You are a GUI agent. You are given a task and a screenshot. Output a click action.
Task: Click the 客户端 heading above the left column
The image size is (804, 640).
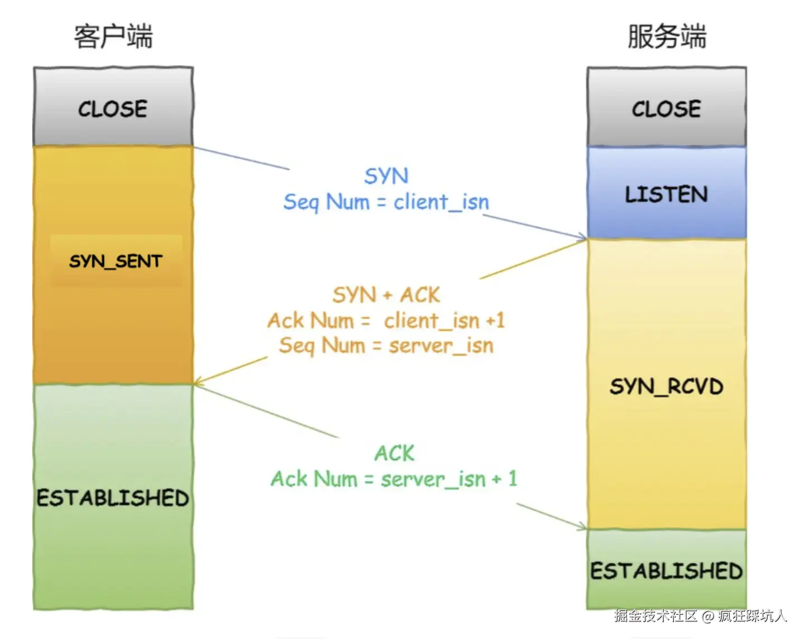[113, 36]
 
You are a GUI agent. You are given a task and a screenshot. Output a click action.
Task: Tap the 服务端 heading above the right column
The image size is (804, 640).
[667, 36]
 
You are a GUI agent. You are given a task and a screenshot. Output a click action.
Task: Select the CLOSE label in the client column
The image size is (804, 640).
[113, 109]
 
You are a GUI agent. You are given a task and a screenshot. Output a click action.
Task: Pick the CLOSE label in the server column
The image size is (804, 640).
[667, 109]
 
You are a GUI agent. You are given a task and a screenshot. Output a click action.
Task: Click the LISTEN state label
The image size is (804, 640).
[667, 194]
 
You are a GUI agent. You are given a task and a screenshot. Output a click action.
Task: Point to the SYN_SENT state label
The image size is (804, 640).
[116, 261]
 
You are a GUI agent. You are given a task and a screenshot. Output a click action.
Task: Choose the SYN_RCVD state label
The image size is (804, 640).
[667, 386]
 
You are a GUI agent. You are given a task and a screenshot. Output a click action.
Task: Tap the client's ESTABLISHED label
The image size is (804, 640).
[113, 498]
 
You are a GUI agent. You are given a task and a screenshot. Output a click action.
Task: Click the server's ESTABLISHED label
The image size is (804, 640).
[667, 571]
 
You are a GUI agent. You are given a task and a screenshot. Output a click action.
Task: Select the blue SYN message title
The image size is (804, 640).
[386, 176]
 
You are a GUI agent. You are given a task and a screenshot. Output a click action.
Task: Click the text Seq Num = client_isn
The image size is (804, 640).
[386, 202]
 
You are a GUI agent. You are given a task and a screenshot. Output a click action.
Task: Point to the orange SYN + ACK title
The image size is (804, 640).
[386, 295]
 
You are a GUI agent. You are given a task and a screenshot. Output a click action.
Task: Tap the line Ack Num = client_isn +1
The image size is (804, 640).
[386, 321]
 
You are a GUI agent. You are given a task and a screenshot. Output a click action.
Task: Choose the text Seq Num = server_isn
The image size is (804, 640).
[386, 345]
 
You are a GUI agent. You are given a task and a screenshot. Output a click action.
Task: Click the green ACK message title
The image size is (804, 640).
[395, 453]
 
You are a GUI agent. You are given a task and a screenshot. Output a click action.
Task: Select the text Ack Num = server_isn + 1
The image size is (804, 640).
[394, 479]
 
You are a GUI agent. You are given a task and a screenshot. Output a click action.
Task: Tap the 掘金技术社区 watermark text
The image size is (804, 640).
[656, 615]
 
